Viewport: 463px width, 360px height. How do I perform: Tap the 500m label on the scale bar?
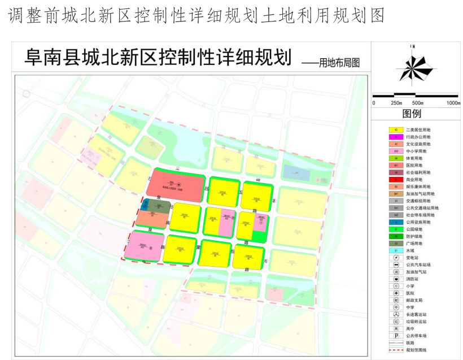pos(417,103)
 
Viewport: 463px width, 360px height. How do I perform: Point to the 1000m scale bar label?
pos(453,103)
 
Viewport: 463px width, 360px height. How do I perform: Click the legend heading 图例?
pos(412,114)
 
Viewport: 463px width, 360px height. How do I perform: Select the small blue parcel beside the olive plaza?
pos(145,205)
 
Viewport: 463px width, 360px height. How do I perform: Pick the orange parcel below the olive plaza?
pos(151,219)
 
